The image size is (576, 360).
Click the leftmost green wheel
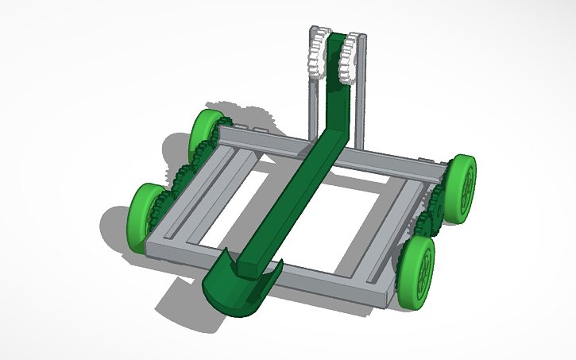144,217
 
